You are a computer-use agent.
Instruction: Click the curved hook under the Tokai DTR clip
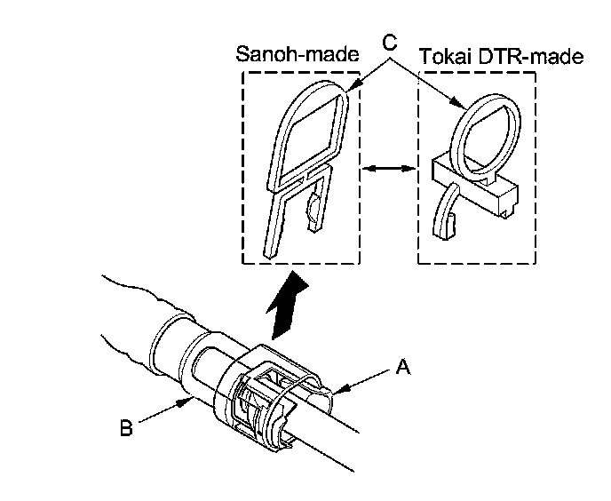[444, 213]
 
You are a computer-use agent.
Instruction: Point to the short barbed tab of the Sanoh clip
[312, 211]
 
